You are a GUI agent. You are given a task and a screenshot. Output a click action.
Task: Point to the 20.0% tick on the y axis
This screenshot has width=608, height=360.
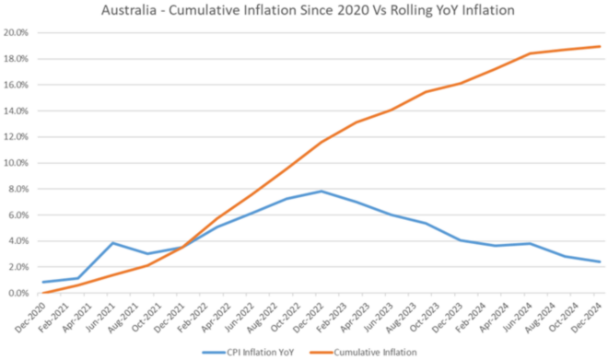18,32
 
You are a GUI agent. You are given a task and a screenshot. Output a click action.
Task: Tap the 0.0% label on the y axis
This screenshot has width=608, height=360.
20,294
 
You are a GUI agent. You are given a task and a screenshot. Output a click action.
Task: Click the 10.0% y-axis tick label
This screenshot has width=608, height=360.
18,163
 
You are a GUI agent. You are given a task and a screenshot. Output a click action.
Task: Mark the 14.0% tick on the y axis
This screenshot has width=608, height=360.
18,110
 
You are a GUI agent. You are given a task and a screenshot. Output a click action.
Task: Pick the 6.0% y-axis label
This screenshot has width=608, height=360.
20,215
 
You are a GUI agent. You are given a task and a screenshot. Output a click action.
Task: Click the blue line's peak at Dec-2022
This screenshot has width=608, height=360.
321,192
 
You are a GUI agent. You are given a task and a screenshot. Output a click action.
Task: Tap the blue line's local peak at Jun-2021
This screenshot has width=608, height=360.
112,243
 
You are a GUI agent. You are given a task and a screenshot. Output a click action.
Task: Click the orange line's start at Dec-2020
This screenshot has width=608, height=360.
43,293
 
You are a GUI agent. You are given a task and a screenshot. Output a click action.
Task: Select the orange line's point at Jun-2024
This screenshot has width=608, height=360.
529,53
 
